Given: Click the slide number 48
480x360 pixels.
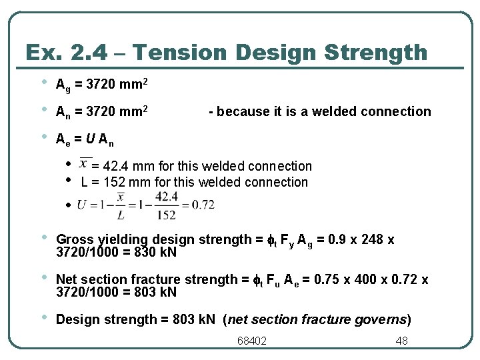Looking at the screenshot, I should pyautogui.click(x=401, y=341).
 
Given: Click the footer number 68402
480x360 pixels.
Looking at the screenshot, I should pyautogui.click(x=252, y=341).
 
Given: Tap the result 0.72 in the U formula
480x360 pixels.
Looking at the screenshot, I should pyautogui.click(x=203, y=205).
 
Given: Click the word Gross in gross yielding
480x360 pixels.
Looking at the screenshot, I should pyautogui.click(x=75, y=239).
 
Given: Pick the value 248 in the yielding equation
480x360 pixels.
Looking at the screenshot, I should pyautogui.click(x=371, y=239).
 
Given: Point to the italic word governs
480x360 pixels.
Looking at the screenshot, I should pyautogui.click(x=385, y=319).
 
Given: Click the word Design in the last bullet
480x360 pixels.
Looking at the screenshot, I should pyautogui.click(x=76, y=319).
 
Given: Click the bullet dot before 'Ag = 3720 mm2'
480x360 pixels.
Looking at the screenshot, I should pyautogui.click(x=44, y=83).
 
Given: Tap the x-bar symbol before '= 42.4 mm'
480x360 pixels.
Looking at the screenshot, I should pyautogui.click(x=85, y=163).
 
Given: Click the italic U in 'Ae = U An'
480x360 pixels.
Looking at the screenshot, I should pyautogui.click(x=88, y=139).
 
